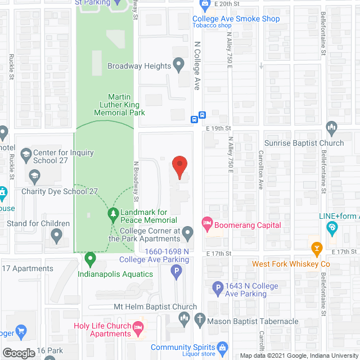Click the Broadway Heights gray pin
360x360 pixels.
click(x=179, y=65)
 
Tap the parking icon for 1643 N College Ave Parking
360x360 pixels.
click(x=218, y=290)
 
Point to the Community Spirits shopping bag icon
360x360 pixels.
click(x=223, y=347)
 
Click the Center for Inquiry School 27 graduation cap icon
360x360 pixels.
click(x=26, y=154)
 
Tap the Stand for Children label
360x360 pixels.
click(x=38, y=223)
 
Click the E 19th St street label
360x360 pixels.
click(x=219, y=128)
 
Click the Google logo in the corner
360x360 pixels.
click(x=18, y=353)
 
